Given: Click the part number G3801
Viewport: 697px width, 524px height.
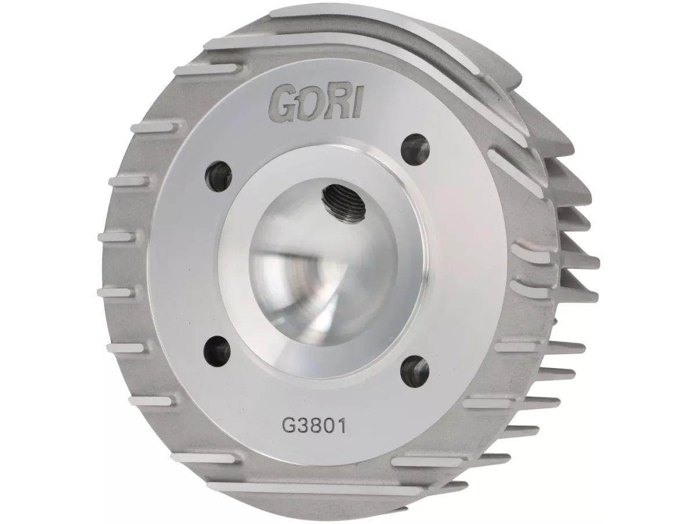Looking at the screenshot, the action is tap(314, 427).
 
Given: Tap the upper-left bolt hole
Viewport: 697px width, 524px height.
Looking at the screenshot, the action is tap(218, 176).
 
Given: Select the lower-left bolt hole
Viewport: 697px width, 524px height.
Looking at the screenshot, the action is tap(218, 349).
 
